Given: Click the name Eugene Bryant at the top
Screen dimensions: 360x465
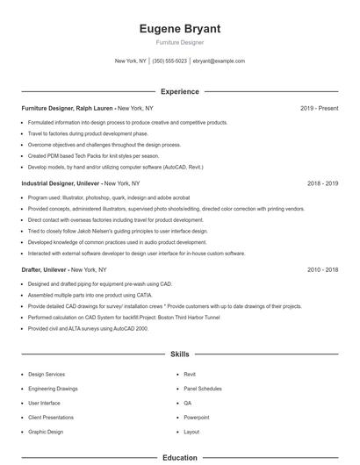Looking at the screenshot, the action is [x=179, y=29].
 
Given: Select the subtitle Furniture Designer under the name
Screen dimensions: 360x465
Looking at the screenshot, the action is [x=179, y=42].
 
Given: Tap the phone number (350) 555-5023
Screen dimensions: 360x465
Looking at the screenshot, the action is [x=169, y=61].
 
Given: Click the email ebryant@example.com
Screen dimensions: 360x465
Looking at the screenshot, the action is [x=219, y=61].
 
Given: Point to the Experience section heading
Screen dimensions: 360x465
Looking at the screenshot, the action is [x=179, y=91].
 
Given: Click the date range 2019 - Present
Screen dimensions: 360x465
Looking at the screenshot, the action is [x=319, y=108].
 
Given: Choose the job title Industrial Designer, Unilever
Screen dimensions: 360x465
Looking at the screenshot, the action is [x=61, y=183].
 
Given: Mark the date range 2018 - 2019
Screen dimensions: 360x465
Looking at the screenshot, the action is [x=322, y=183].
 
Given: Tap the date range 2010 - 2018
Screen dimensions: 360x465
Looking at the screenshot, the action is [x=322, y=270].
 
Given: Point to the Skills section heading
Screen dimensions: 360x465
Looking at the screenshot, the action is [x=179, y=354].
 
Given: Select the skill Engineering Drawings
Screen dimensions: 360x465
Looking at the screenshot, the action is [x=53, y=387].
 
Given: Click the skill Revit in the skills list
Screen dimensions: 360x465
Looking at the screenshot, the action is [x=190, y=374].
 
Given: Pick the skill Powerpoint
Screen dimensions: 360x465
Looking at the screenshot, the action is [x=197, y=417].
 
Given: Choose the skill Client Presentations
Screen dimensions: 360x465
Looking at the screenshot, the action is [x=51, y=417].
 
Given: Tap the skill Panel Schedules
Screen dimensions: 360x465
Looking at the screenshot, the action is [x=202, y=387].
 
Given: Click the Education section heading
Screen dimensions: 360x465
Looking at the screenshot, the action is [x=179, y=457].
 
